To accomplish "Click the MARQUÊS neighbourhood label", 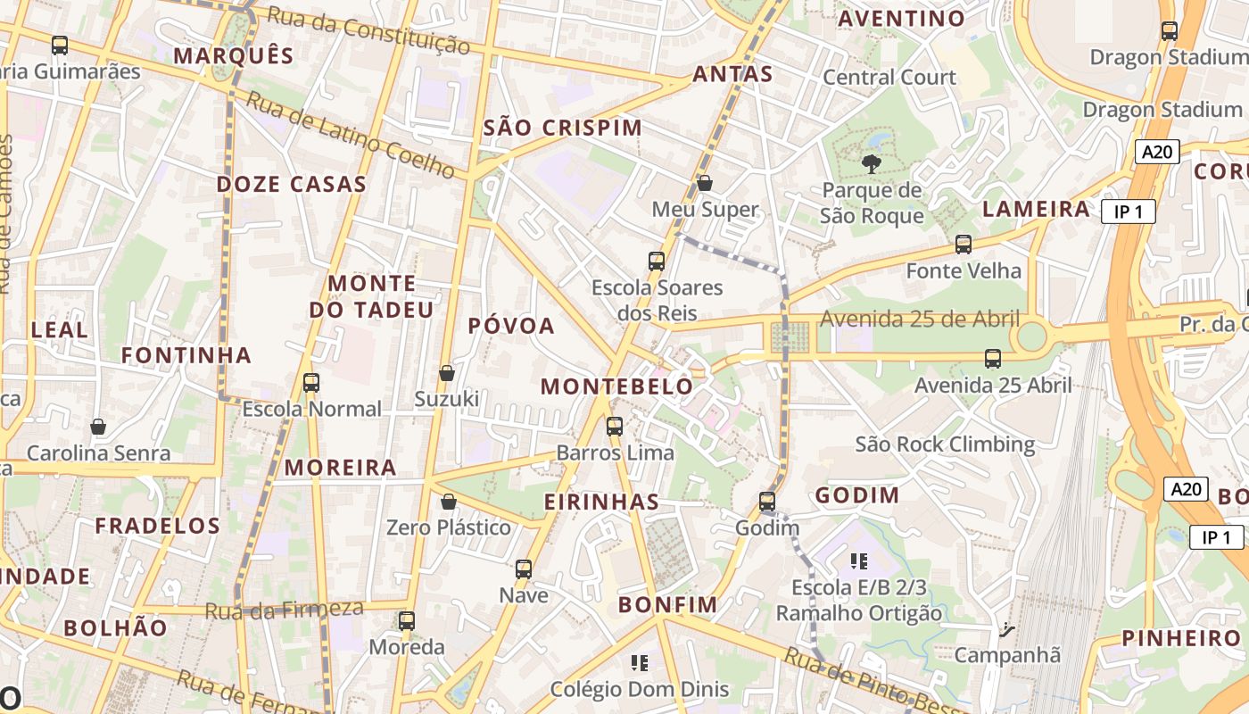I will point(234,56).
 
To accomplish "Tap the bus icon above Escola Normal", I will point(311,383).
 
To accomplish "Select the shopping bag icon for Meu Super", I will point(704,183).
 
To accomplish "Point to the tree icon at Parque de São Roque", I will point(872,163).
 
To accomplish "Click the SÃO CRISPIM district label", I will point(562,128).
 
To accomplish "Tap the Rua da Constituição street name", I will point(368,29).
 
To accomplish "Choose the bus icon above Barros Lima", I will point(615,427).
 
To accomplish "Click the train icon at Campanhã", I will point(1007,630).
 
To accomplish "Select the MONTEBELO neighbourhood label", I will point(616,386).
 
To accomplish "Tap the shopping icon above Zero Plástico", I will point(449,502).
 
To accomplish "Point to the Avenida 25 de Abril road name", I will point(919,319).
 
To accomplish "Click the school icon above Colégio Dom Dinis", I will point(639,663).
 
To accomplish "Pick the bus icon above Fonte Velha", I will point(964,245).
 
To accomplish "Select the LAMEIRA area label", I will point(1036,209).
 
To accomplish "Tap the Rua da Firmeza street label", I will point(284,610).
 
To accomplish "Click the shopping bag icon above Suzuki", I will point(447,373).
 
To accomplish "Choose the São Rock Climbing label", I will point(945,444).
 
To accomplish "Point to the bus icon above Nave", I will point(524,569).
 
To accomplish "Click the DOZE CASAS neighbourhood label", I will point(292,185).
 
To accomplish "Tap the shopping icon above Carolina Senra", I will point(98,428).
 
